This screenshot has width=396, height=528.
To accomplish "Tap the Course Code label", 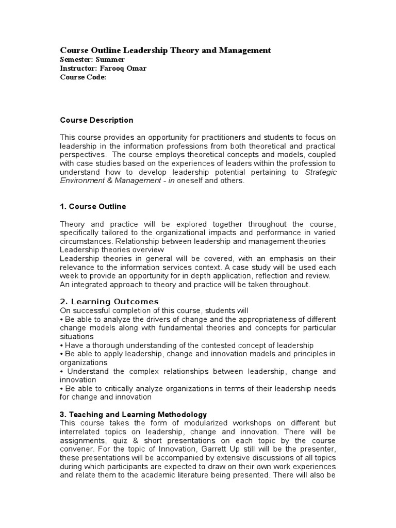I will click(83, 77).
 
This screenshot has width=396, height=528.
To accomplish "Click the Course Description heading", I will click(96, 120).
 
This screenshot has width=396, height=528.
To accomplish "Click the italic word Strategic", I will click(321, 172).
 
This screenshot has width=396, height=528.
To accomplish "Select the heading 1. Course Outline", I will click(93, 206).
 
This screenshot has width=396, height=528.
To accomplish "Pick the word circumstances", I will click(86, 241).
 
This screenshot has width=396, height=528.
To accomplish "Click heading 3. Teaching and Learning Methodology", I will click(134, 414).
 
